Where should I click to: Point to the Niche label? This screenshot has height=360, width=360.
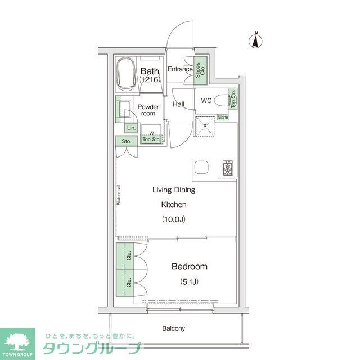223,118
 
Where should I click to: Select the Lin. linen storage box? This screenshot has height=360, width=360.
130,128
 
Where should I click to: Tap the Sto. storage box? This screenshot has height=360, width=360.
125,141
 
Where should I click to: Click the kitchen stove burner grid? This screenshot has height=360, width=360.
228,168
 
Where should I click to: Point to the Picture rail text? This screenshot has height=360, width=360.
119,195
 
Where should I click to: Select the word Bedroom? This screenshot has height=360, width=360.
190,267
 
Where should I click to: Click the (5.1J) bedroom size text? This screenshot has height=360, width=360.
189,281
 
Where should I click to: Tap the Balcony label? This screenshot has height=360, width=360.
174,328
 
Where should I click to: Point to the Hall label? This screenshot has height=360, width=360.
178,105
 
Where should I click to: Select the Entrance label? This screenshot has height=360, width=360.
180,70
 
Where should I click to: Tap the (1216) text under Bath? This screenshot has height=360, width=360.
150,80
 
